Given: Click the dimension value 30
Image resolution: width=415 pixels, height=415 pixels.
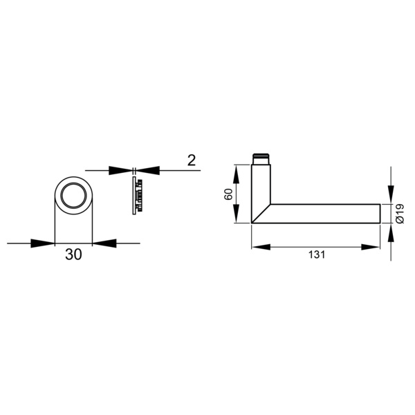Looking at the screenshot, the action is click(x=73, y=255).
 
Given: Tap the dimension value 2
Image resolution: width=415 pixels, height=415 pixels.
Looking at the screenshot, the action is click(x=192, y=160).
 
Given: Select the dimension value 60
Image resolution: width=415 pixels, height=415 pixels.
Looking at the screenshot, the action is click(x=228, y=194).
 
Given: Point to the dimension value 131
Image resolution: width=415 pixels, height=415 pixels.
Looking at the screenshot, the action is click(x=317, y=255).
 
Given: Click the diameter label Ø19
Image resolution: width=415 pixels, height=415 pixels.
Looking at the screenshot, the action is click(x=400, y=214).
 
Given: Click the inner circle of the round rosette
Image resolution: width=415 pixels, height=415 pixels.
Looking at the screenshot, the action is click(x=73, y=195).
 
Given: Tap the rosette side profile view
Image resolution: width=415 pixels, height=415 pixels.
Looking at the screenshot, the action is click(x=138, y=196).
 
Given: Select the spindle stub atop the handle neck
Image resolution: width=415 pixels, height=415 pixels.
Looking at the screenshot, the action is click(x=261, y=159).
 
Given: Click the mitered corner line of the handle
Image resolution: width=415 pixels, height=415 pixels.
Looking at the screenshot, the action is click(x=261, y=214).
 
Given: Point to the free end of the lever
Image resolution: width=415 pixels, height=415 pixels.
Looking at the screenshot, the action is click(x=380, y=214).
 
